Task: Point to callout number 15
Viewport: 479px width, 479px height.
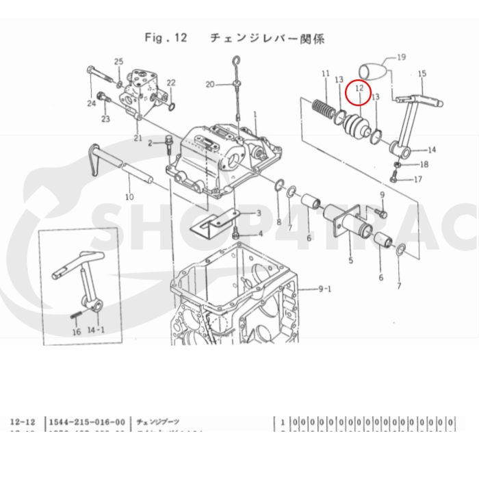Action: click(x=422, y=73)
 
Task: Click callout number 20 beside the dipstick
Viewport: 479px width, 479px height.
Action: click(x=210, y=84)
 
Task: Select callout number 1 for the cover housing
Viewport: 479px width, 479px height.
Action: click(x=255, y=114)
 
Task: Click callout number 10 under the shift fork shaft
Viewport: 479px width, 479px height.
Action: click(x=129, y=197)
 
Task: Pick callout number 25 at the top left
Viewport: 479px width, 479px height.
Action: click(x=118, y=62)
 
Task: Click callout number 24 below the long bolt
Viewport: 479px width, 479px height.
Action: click(x=91, y=103)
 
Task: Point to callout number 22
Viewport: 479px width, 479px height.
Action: click(x=171, y=83)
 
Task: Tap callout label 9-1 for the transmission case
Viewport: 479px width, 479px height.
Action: click(x=325, y=288)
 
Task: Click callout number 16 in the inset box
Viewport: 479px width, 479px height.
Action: click(x=77, y=332)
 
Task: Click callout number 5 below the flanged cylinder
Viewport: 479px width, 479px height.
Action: click(x=350, y=261)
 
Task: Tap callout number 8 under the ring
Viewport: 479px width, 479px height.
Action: click(x=279, y=222)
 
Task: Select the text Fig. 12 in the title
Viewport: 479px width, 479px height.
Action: click(x=166, y=37)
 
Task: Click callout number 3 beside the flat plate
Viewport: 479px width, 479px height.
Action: click(x=259, y=214)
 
